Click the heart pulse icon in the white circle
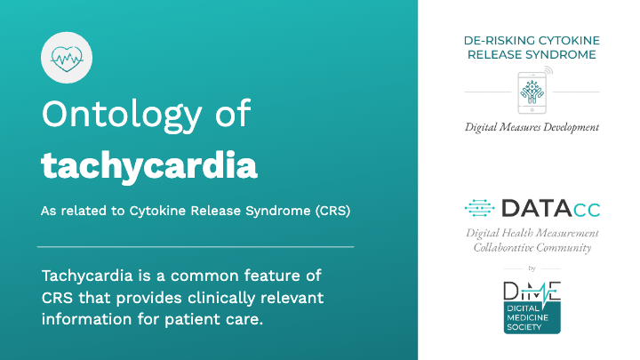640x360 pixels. point(67,59)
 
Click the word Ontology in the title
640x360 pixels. point(122,116)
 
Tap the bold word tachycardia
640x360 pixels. point(149,166)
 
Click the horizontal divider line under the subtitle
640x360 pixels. point(196,247)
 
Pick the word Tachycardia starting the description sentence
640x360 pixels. point(87,276)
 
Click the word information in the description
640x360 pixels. point(87,319)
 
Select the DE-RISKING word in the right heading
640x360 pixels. point(500,41)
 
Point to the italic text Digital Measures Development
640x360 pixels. point(532,127)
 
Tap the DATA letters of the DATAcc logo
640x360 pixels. point(536,208)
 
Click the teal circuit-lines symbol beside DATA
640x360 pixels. point(479,208)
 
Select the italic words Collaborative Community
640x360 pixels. point(532,248)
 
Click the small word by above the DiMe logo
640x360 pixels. point(532,268)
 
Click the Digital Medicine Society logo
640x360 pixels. point(532,308)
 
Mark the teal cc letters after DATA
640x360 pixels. point(587,210)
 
